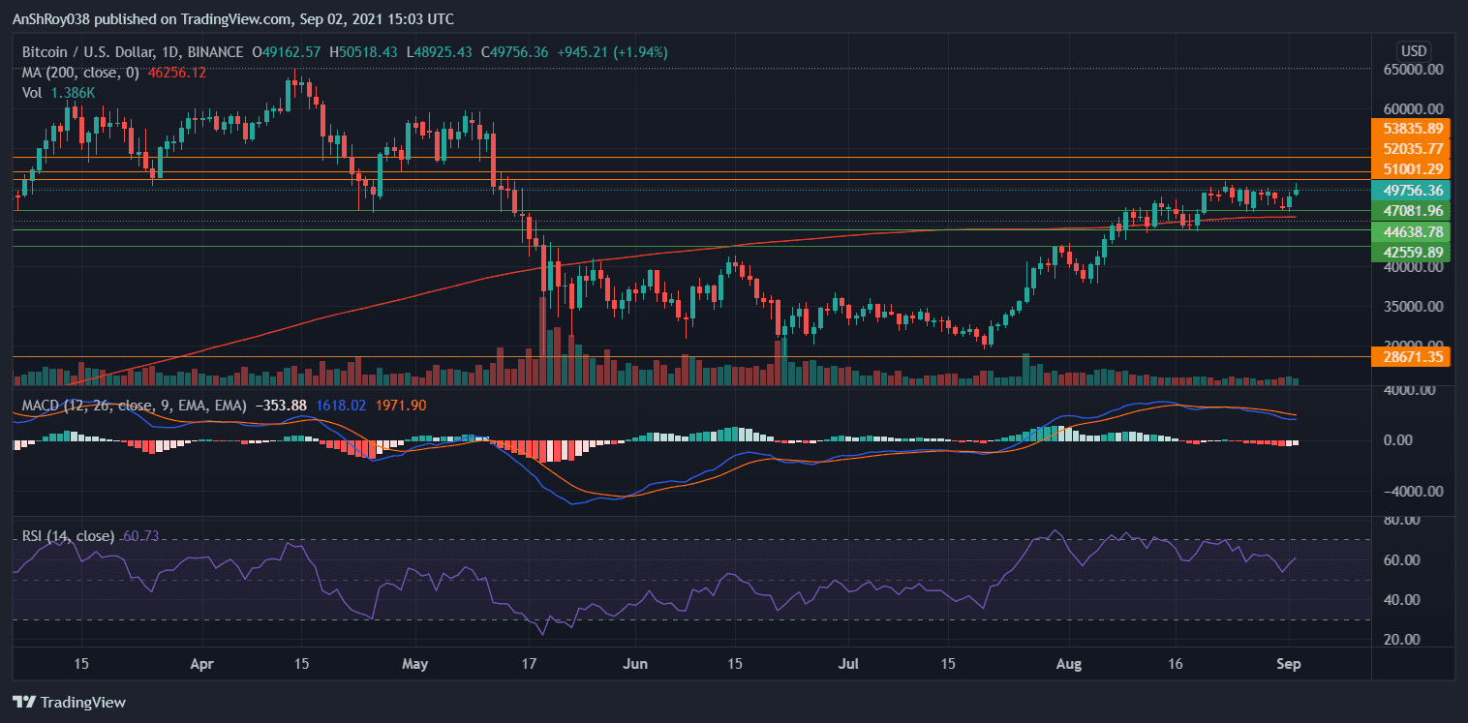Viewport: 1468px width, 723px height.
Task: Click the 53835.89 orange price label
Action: pyautogui.click(x=1414, y=128)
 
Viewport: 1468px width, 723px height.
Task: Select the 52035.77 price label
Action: pyautogui.click(x=1414, y=148)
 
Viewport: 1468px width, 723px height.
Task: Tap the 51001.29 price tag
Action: pyautogui.click(x=1414, y=168)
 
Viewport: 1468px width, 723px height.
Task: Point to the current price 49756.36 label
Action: pyautogui.click(x=1414, y=191)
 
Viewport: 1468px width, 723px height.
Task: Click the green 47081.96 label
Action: pyautogui.click(x=1414, y=210)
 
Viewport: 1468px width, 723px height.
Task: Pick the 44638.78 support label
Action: pyautogui.click(x=1414, y=232)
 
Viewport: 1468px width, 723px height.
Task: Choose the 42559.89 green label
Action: pyautogui.click(x=1414, y=252)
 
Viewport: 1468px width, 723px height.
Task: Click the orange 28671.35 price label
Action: pyautogui.click(x=1414, y=357)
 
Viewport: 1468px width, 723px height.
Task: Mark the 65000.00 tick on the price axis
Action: pyautogui.click(x=1414, y=70)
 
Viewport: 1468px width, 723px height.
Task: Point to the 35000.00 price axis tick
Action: pyautogui.click(x=1414, y=307)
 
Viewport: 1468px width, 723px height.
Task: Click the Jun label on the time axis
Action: pyautogui.click(x=635, y=665)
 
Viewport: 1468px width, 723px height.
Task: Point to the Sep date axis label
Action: pyautogui.click(x=1290, y=665)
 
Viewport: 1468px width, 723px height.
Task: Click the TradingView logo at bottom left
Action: pyautogui.click(x=70, y=702)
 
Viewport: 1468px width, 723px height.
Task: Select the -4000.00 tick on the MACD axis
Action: pyautogui.click(x=1414, y=491)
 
